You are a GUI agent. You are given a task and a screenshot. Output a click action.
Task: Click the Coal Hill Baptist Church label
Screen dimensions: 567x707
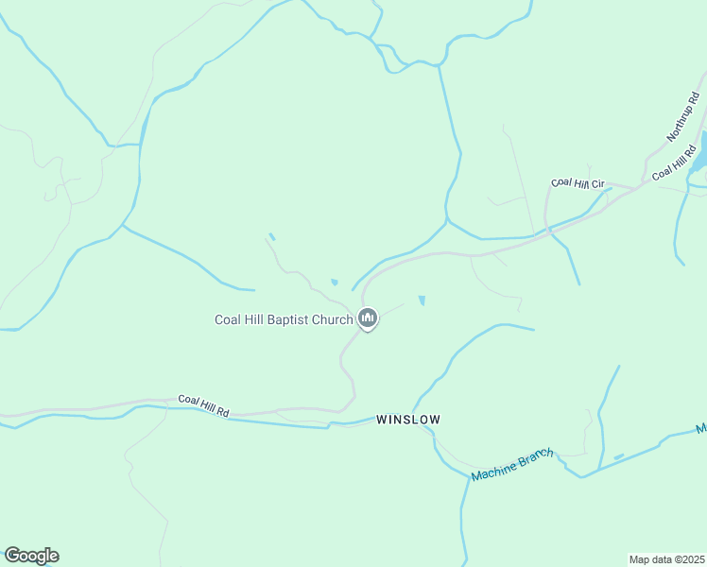pyautogui.click(x=284, y=319)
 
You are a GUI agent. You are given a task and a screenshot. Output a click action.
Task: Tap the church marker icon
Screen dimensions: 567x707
pyautogui.click(x=369, y=319)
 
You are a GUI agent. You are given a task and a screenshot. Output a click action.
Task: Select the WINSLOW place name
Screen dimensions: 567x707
pyautogui.click(x=408, y=418)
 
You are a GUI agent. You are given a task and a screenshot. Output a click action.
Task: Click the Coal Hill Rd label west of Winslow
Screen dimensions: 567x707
pyautogui.click(x=203, y=406)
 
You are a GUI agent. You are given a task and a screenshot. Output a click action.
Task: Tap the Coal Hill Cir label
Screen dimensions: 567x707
pyautogui.click(x=578, y=182)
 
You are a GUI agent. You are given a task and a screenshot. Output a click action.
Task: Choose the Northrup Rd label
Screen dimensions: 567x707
pyautogui.click(x=681, y=116)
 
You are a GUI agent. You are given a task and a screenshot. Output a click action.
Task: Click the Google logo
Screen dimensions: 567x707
pyautogui.click(x=31, y=556)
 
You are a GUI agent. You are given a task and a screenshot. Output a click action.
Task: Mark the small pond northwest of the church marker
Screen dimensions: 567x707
pyautogui.click(x=334, y=282)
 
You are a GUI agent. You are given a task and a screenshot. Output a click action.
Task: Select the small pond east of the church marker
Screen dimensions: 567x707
pyautogui.click(x=422, y=301)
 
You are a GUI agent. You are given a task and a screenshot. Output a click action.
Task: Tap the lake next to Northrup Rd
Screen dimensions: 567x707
pyautogui.click(x=700, y=151)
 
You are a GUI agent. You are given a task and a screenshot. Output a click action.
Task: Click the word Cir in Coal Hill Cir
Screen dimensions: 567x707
pyautogui.click(x=596, y=182)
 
